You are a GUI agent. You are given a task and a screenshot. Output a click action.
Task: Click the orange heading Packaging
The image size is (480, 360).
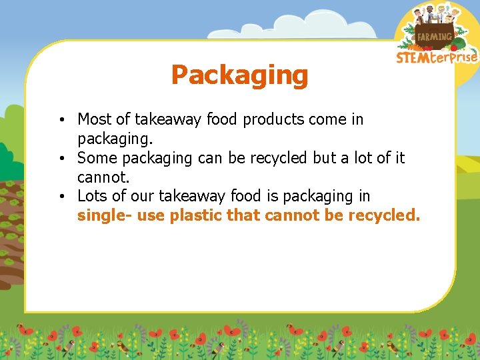[239, 75]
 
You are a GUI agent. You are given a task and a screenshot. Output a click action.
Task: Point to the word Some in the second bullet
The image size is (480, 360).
[95, 158]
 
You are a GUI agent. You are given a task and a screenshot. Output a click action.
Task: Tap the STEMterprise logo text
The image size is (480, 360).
[437, 57]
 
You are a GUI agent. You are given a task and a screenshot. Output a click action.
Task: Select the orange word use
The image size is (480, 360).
[151, 215]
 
